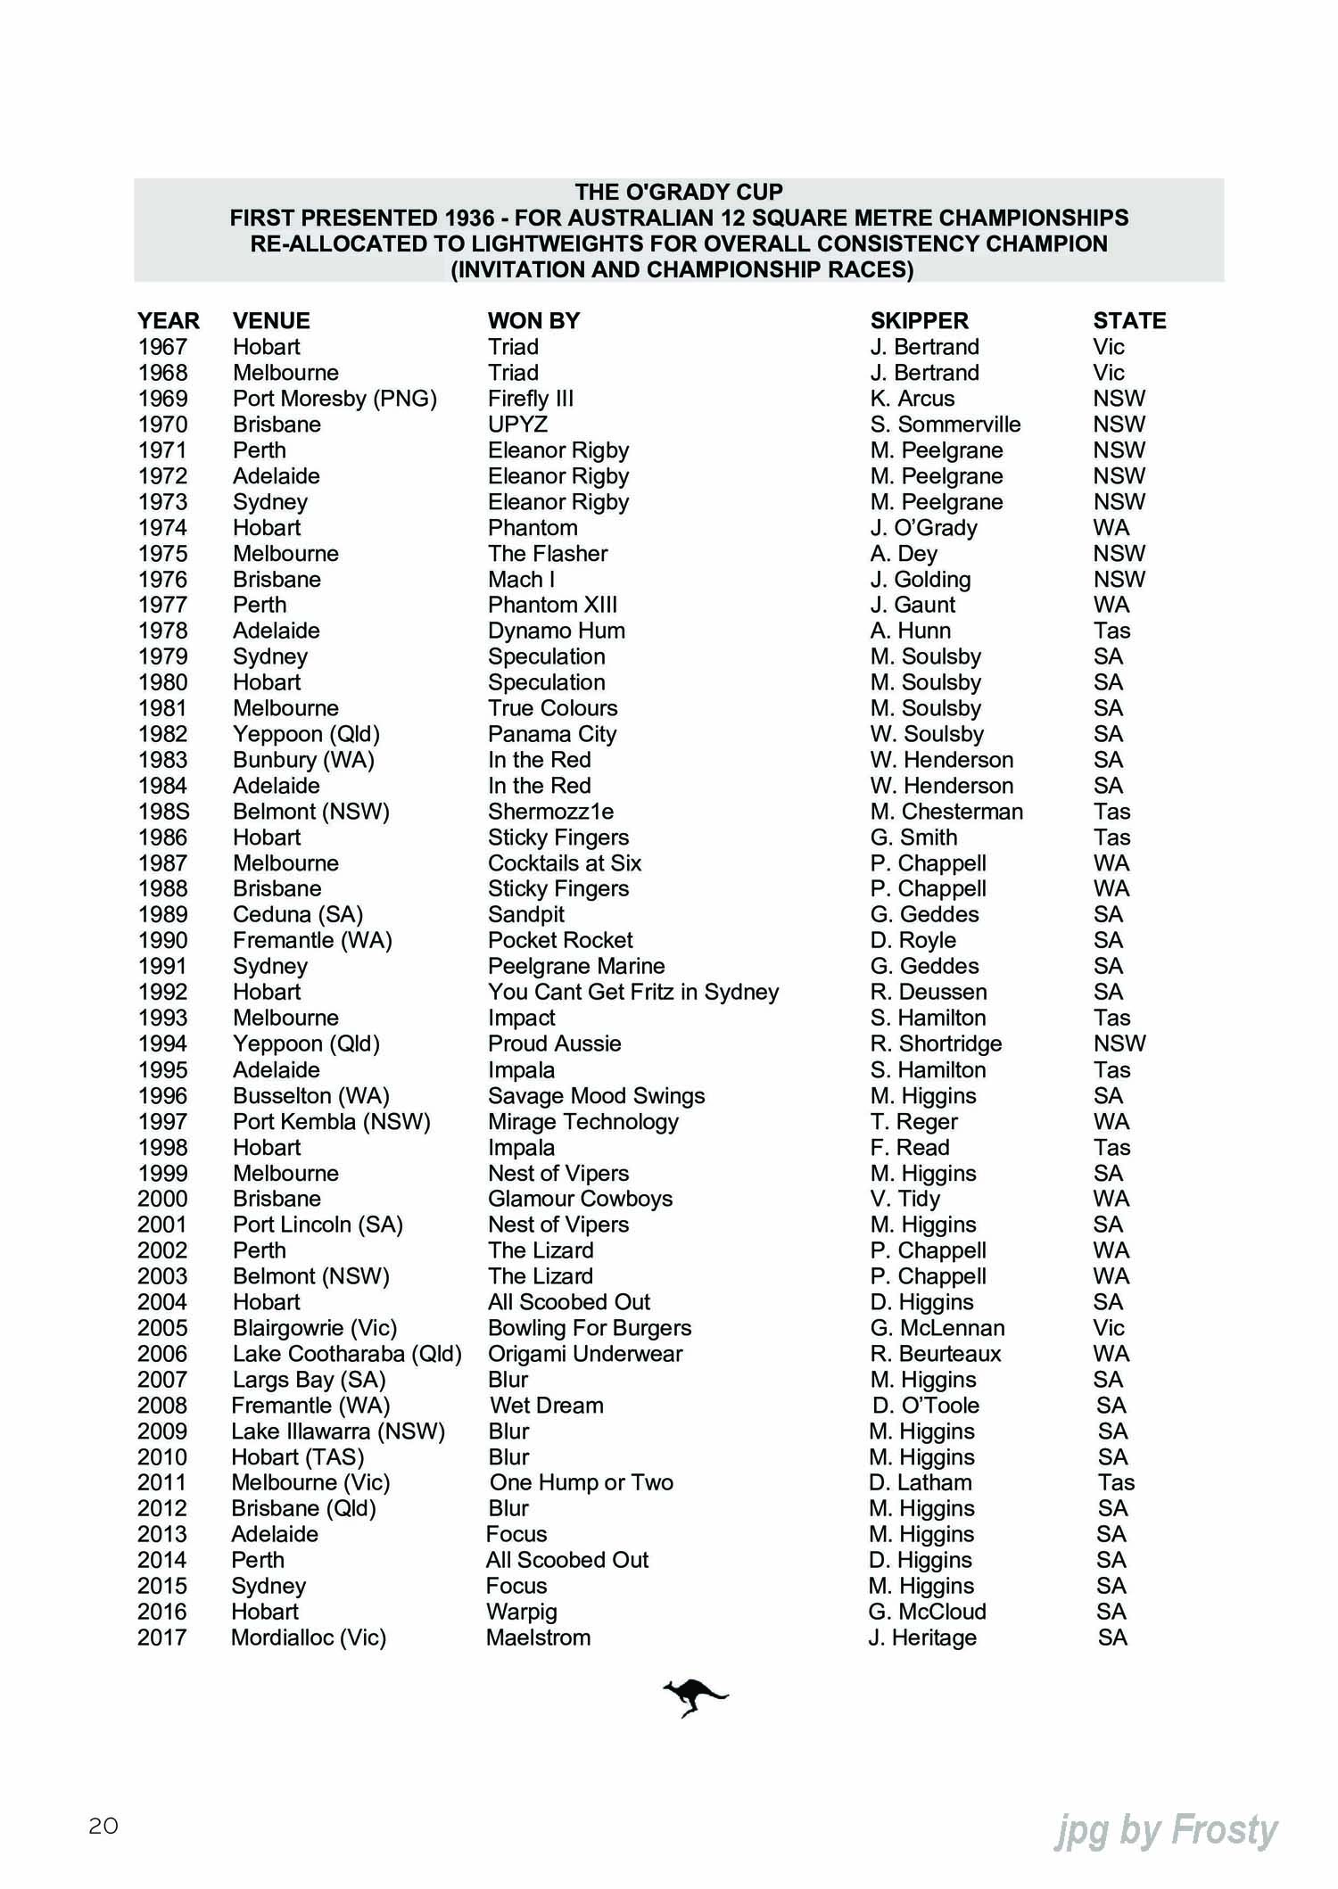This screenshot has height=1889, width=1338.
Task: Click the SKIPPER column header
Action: (919, 321)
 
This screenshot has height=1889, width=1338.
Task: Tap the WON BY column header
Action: (533, 321)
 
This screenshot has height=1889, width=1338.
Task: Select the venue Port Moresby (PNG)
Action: (334, 399)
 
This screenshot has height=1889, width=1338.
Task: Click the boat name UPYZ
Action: (517, 425)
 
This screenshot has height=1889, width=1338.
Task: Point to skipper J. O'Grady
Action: (923, 528)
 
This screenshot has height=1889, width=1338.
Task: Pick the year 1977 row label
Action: (162, 606)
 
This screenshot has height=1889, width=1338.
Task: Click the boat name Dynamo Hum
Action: (556, 631)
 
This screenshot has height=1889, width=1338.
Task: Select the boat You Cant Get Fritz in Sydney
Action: (632, 993)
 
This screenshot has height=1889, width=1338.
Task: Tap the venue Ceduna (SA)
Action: (297, 915)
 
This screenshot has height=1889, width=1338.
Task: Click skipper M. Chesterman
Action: (946, 812)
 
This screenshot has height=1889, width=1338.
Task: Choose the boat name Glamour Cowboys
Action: (580, 1200)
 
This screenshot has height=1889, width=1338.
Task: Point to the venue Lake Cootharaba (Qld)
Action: (347, 1354)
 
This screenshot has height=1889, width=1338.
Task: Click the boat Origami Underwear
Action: (584, 1354)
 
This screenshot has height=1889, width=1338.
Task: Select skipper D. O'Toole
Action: (925, 1406)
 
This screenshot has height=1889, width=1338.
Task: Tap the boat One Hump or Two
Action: (581, 1483)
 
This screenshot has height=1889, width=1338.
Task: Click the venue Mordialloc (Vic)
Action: (308, 1637)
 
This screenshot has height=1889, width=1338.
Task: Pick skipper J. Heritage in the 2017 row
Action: (921, 1637)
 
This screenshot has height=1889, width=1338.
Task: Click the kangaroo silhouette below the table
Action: (694, 1696)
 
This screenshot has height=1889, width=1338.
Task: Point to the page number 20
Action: (103, 1826)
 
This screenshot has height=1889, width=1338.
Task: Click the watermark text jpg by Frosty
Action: (1166, 1829)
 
